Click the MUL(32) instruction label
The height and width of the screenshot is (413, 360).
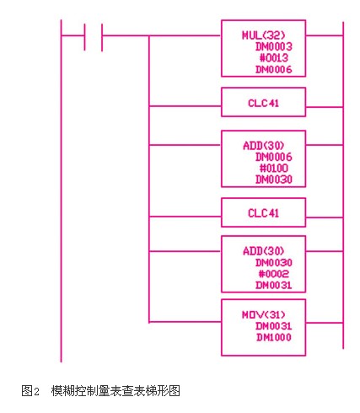click(263, 35)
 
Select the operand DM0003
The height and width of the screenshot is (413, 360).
click(273, 46)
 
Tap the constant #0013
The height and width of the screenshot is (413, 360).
click(273, 58)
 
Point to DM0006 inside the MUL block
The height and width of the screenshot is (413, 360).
click(273, 69)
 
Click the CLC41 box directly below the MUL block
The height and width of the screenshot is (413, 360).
click(263, 102)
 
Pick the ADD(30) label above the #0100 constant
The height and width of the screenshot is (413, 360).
click(263, 146)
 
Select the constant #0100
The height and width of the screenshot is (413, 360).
click(273, 169)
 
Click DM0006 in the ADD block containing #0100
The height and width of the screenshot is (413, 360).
click(273, 157)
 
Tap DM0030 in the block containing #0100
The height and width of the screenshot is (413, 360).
click(273, 180)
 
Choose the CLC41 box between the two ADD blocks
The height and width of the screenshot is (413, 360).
click(263, 212)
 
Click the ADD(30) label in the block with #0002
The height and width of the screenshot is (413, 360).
click(263, 251)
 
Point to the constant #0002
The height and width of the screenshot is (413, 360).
click(273, 274)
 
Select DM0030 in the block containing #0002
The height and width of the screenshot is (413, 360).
click(273, 263)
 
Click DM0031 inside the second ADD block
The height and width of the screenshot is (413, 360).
click(273, 286)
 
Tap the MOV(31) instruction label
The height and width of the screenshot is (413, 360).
click(263, 314)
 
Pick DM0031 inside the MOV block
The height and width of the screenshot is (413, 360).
click(273, 326)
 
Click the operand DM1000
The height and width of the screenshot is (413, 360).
click(273, 337)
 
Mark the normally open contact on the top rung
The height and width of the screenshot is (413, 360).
click(93, 36)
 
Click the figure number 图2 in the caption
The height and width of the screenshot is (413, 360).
click(30, 391)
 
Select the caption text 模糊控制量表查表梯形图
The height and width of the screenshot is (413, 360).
click(116, 391)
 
